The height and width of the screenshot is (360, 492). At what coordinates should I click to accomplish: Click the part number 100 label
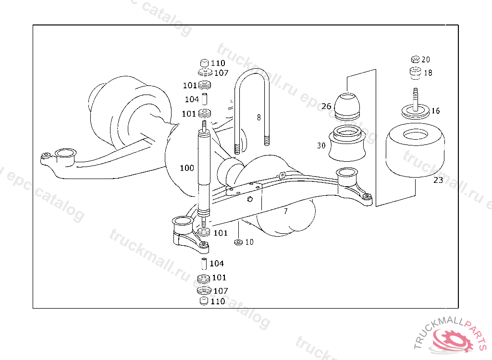pyautogui.click(x=187, y=168)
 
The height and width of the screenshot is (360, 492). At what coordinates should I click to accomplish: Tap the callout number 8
pyautogui.click(x=258, y=117)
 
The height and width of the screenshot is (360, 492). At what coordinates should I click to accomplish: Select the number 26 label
pyautogui.click(x=326, y=106)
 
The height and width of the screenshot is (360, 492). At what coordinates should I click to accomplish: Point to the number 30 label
pyautogui.click(x=321, y=145)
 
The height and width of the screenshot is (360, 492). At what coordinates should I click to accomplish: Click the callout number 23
pyautogui.click(x=438, y=180)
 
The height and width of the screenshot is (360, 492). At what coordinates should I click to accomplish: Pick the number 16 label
pyautogui.click(x=435, y=111)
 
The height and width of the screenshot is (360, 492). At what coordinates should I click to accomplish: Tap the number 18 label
pyautogui.click(x=428, y=73)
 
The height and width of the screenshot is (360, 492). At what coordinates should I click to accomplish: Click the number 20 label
pyautogui.click(x=426, y=60)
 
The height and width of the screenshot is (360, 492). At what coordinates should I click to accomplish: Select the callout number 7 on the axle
pyautogui.click(x=285, y=211)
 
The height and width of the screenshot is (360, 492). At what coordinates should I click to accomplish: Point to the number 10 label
pyautogui.click(x=249, y=242)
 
